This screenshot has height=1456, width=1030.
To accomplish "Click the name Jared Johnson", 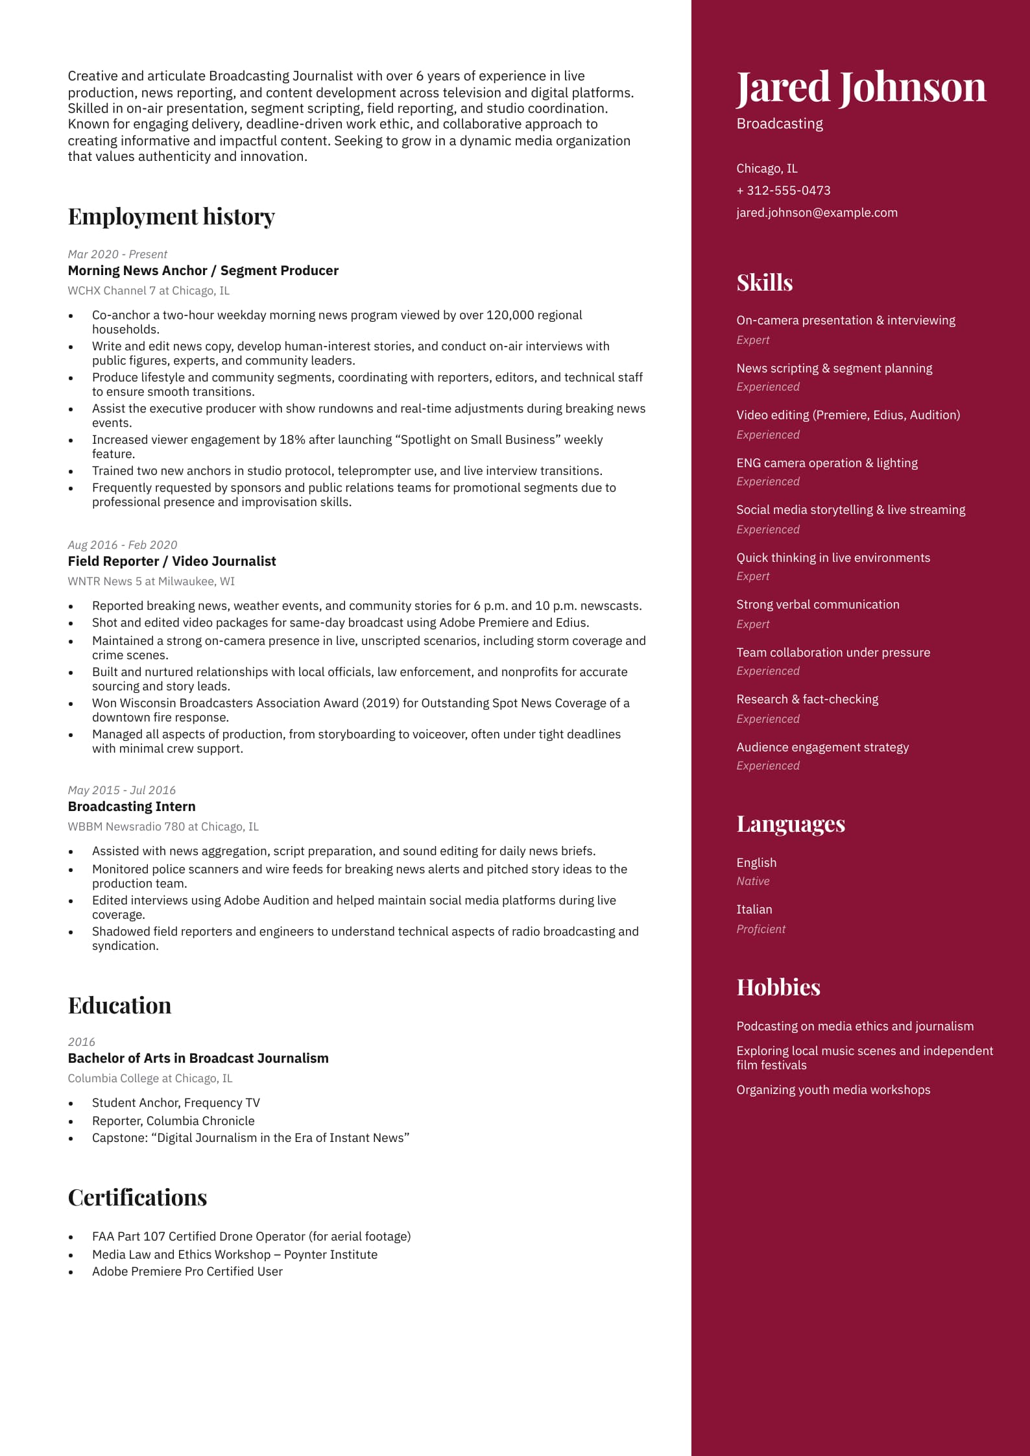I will [861, 87].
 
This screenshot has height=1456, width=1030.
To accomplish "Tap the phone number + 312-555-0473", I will [783, 190].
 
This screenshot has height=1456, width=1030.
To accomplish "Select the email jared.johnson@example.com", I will [817, 212].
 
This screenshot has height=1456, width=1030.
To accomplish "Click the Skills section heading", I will [764, 282].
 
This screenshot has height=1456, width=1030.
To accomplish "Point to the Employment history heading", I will [171, 216].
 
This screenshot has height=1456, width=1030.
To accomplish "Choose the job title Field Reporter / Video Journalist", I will [172, 561].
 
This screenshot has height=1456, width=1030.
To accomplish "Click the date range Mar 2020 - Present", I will [117, 254].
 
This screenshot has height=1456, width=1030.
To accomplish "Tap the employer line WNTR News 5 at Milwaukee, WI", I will [151, 581].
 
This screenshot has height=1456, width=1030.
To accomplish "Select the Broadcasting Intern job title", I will [132, 807].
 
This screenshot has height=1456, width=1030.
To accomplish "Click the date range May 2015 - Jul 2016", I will [122, 790].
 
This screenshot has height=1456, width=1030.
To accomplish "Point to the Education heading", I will [119, 1005].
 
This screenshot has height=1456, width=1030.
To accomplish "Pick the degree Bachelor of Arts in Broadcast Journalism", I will [198, 1058].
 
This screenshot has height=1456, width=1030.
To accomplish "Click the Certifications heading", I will [138, 1197].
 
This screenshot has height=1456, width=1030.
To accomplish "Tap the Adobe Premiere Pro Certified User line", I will [187, 1271].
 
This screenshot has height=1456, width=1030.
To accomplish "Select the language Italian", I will [754, 909].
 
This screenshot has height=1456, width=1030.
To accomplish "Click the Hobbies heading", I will [778, 987].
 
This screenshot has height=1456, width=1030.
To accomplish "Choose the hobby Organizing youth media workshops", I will [833, 1089].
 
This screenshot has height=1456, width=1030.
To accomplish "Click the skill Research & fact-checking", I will [807, 699].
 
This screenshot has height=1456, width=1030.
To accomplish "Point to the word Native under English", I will [752, 881].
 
